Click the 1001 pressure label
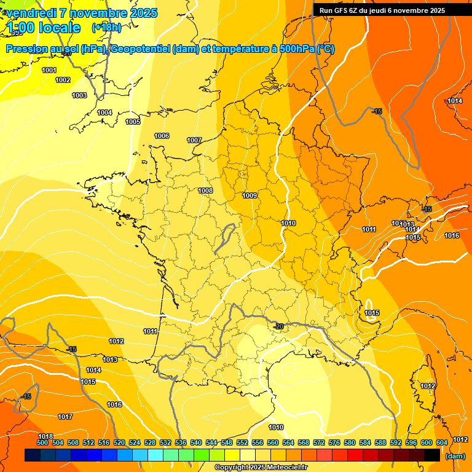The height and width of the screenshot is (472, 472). [49, 70]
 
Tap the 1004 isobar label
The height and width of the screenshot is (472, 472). [104, 112]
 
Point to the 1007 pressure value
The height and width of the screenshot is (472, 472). [194, 140]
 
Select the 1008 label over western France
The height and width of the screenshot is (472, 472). [205, 191]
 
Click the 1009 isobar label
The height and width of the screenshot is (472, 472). [250, 195]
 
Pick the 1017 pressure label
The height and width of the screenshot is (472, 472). [65, 417]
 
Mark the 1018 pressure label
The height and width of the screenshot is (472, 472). [45, 436]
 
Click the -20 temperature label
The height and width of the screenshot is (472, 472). [278, 326]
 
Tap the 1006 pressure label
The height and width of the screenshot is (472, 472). [162, 136]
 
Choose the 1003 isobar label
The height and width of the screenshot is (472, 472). [79, 95]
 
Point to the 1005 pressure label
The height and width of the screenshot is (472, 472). [133, 122]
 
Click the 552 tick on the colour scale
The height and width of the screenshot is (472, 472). [242, 442]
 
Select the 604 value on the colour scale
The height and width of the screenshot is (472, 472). [442, 442]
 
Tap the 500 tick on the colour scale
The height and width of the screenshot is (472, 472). [42, 442]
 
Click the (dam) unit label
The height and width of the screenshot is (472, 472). [454, 456]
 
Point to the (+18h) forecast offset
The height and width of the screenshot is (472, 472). [106, 27]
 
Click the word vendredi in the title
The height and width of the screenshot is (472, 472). [27, 13]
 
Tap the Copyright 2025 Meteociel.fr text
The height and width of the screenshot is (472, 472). [261, 467]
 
